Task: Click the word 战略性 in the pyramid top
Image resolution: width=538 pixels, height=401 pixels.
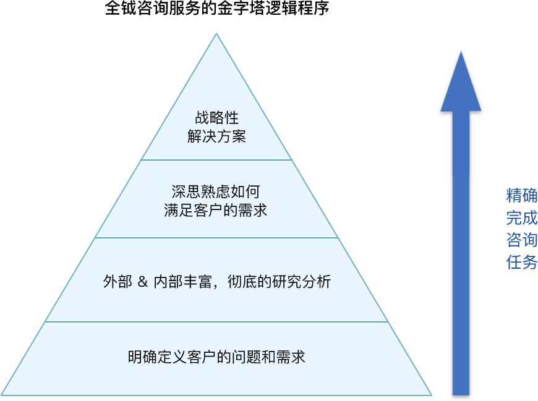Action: point(216,118)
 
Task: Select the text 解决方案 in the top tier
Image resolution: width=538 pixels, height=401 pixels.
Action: point(216,137)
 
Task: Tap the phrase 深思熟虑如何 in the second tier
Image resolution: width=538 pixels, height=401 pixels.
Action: point(216,192)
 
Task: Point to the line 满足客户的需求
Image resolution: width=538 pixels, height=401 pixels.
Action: point(216,210)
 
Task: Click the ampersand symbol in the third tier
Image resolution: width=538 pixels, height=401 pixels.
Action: point(142,282)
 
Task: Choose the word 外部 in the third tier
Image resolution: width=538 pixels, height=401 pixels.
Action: point(117,282)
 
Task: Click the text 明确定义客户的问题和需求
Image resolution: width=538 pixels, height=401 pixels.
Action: point(216,357)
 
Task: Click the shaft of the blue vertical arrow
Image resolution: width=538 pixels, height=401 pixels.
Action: point(461,260)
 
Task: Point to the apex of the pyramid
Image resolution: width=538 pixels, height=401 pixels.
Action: point(216,35)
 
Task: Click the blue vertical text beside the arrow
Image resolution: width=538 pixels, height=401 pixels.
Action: point(521,229)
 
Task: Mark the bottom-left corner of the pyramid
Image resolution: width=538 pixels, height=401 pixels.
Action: point(4,394)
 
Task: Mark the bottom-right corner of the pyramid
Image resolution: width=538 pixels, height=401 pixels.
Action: point(430,394)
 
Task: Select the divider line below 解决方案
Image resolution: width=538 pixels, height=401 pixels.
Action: point(216,160)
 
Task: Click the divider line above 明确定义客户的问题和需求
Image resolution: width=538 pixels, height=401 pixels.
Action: point(216,322)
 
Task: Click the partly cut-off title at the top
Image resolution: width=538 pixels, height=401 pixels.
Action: point(216,8)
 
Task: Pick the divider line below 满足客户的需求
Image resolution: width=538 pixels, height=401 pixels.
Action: point(216,238)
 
